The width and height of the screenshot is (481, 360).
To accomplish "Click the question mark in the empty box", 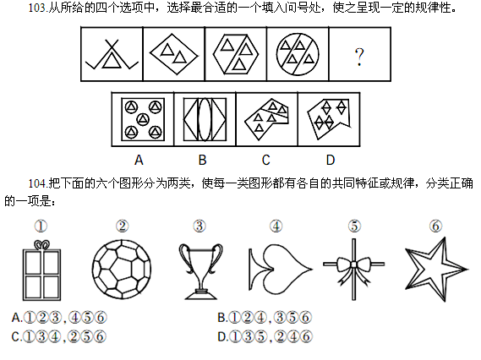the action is tap(359, 57).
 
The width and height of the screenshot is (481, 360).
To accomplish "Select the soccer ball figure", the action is tap(122, 270).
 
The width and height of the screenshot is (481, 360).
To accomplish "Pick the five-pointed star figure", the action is tap(437, 270).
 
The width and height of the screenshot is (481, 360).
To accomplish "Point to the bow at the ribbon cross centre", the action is tap(353, 265).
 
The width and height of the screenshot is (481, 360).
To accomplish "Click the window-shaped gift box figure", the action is tap(41, 275).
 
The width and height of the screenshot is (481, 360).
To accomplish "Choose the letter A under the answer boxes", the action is tap(139, 160).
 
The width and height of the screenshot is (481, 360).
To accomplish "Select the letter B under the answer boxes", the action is tap(202, 160).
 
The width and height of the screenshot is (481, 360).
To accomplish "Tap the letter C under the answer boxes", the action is tap(266, 160).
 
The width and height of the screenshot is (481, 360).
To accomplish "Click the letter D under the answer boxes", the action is tap(331, 160).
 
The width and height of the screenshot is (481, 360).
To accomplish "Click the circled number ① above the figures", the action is tap(41, 226).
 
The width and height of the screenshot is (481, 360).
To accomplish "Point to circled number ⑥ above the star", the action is tap(435, 226).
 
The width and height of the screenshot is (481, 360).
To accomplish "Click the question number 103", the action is tap(37, 8).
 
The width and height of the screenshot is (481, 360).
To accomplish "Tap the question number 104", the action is tap(37, 183).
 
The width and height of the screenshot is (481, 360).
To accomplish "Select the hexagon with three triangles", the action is tap(236, 54).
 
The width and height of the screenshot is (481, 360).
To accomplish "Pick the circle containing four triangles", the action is tap(298, 54).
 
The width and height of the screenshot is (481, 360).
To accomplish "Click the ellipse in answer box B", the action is tap(205, 119).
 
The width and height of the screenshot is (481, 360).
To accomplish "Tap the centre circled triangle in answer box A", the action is tap(143, 119).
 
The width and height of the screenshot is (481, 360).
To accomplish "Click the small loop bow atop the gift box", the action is tap(41, 245).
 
